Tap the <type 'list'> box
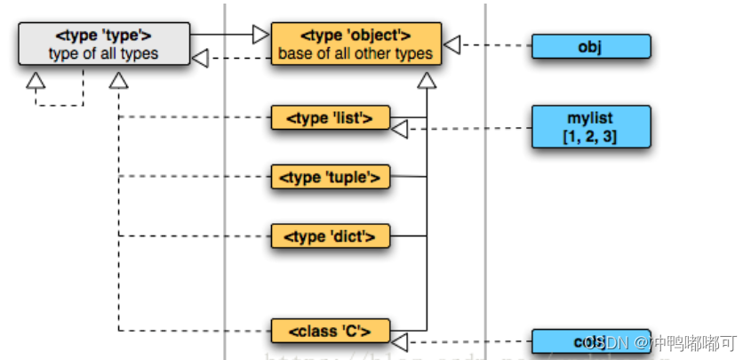(330, 117)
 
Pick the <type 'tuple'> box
(330, 178)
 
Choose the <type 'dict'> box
(330, 236)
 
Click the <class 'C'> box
(330, 332)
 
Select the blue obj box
(590, 46)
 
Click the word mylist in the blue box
(590, 117)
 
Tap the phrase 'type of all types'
(103, 53)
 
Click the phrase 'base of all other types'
(356, 53)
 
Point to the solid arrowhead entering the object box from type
(260, 35)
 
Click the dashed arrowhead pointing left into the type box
(200, 59)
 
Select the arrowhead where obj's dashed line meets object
(452, 44)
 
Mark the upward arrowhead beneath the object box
(427, 82)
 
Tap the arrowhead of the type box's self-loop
(36, 81)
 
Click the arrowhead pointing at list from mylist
(400, 130)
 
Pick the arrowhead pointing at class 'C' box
(400, 341)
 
